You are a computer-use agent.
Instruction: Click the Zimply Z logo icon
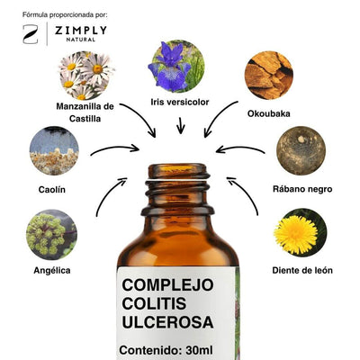[x=31, y=34]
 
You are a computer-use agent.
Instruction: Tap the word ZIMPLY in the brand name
[x=81, y=31]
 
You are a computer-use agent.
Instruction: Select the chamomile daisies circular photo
[x=86, y=76]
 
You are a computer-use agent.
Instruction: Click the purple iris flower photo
[x=176, y=67]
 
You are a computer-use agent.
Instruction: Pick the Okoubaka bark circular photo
[x=269, y=75]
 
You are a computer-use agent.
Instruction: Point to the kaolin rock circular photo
[x=54, y=150]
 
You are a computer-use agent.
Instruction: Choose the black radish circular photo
[x=301, y=150]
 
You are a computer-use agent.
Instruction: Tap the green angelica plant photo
[x=51, y=234]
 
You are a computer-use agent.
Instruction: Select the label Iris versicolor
[x=180, y=102]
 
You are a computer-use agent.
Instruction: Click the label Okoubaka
[x=269, y=113]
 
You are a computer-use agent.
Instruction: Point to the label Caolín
[x=52, y=190]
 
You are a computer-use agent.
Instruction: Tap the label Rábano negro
[x=302, y=189]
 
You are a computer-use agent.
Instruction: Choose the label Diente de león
[x=302, y=270]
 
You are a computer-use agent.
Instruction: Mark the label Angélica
[x=52, y=270]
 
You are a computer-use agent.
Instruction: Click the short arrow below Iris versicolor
[x=181, y=125]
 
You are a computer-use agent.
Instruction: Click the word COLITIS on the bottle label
[x=154, y=303]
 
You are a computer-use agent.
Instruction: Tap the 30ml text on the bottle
[x=199, y=350]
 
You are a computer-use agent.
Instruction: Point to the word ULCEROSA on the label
[x=167, y=322]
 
